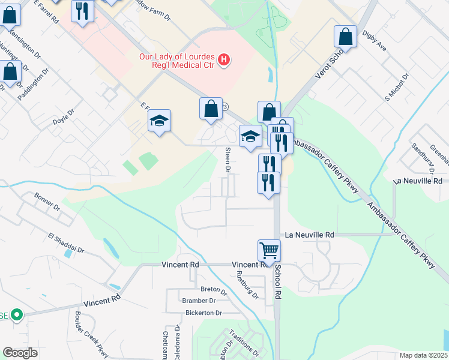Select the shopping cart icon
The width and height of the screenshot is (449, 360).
pyautogui.click(x=269, y=250)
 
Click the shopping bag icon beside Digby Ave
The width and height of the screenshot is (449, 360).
pyautogui.click(x=346, y=37)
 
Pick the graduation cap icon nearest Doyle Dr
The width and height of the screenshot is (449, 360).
pyautogui.click(x=160, y=121)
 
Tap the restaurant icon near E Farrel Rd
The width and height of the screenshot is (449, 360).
pyautogui.click(x=83, y=11)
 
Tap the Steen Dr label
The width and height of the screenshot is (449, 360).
pyautogui.click(x=228, y=160)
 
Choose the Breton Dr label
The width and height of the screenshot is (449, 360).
pyautogui.click(x=214, y=289)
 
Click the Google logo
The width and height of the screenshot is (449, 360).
pyautogui.click(x=20, y=352)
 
